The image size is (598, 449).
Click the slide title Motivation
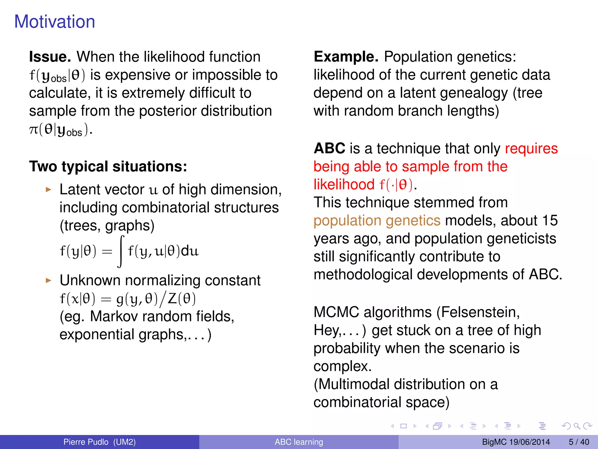(x=55, y=22)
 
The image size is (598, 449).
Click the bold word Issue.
(x=50, y=57)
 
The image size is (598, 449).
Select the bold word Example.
(x=346, y=57)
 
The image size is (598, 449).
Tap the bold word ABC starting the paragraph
(x=329, y=148)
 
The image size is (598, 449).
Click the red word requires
(x=531, y=148)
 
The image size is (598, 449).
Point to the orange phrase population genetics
(x=377, y=220)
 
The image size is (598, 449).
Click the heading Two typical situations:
(x=108, y=167)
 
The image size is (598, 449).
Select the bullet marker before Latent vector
(x=48, y=190)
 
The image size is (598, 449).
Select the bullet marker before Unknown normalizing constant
(x=48, y=281)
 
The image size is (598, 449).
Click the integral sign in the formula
(x=121, y=251)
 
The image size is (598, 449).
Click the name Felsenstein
(x=480, y=312)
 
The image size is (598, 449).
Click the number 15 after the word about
(x=550, y=220)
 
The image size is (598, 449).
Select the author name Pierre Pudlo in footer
(x=86, y=442)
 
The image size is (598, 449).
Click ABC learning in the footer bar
(x=299, y=442)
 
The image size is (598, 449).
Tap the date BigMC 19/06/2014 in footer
(x=516, y=442)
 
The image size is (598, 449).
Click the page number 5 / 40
(x=579, y=442)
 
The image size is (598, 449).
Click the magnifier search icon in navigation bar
(x=577, y=426)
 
